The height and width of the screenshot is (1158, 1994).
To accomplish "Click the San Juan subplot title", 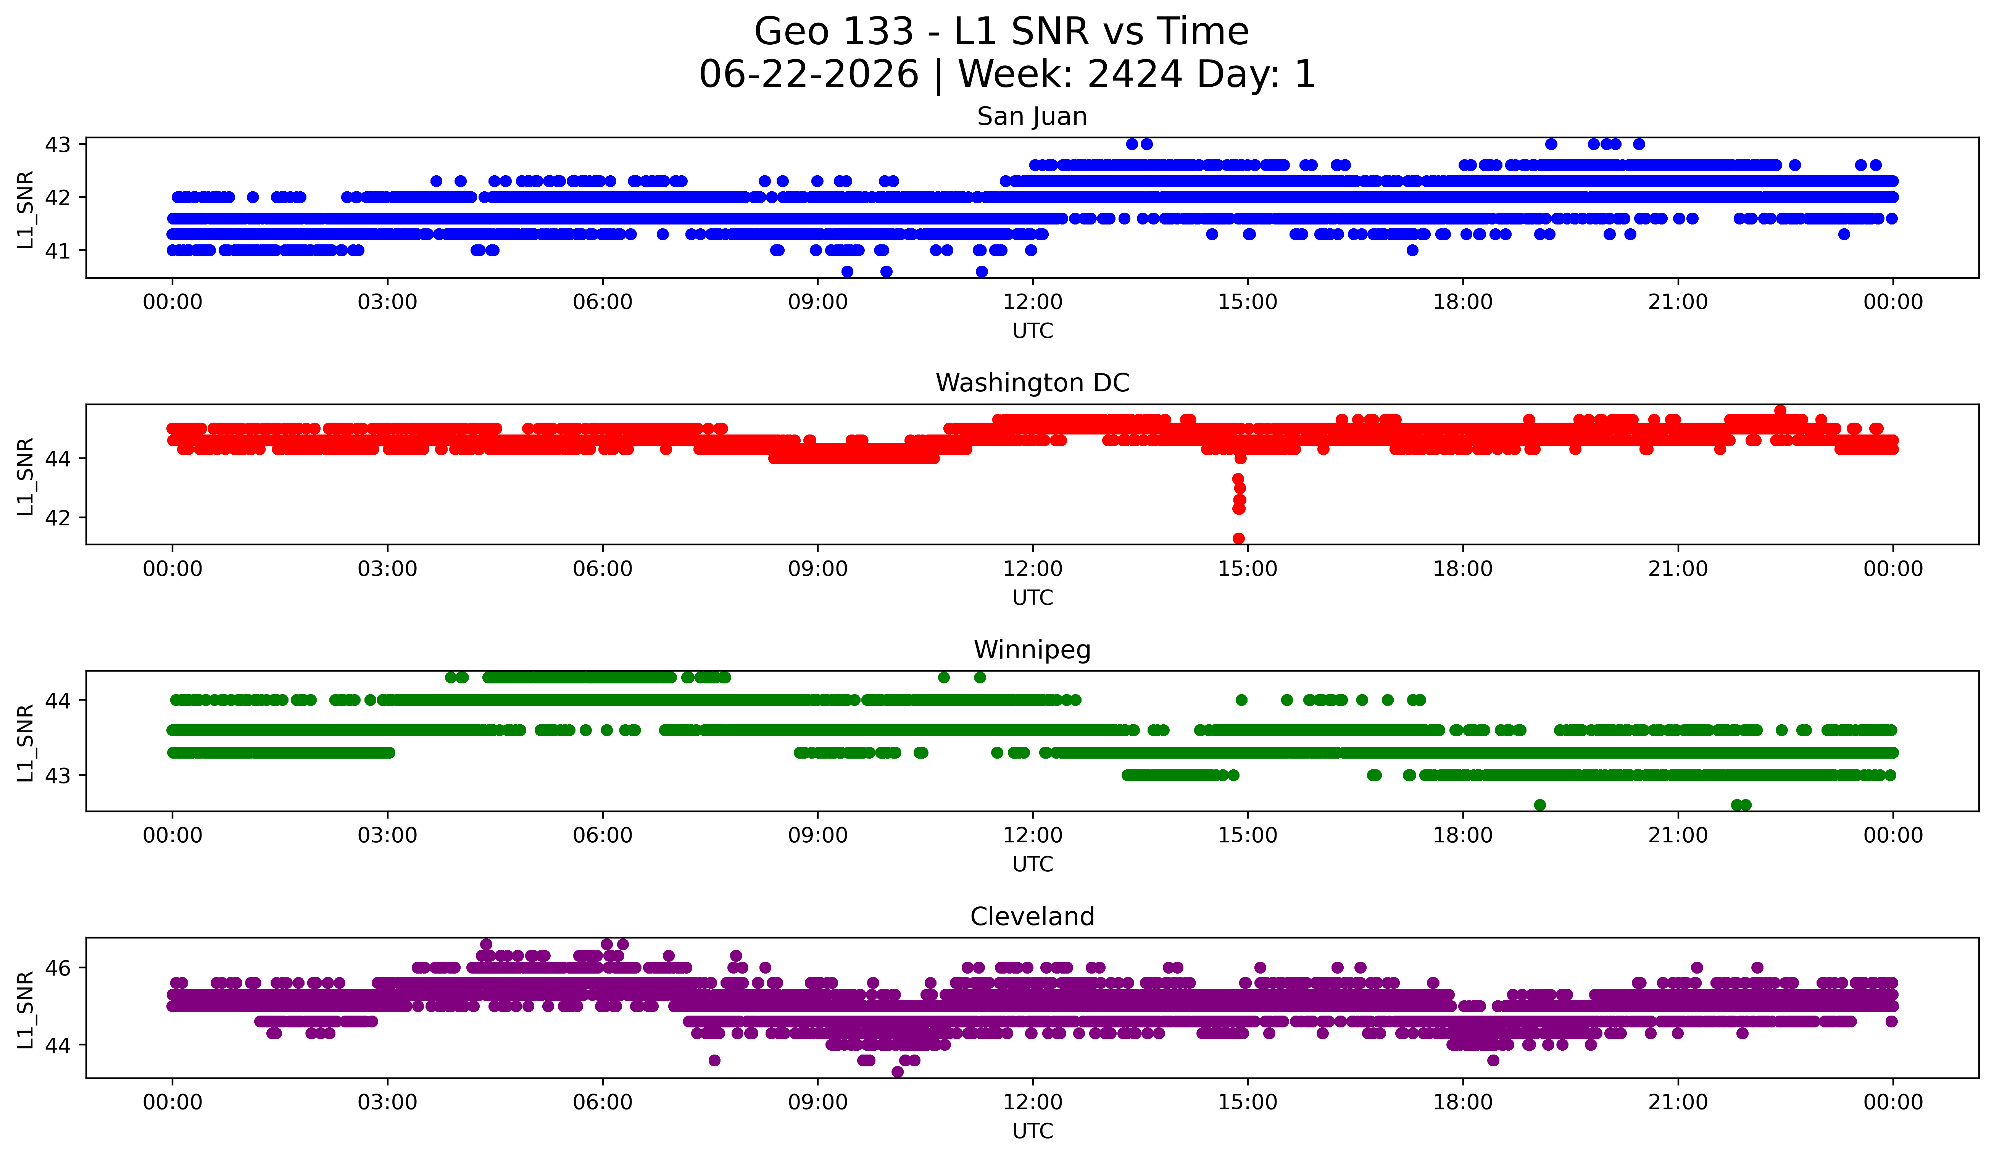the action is click(1032, 116).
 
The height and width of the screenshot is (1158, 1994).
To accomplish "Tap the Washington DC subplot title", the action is click(1032, 383).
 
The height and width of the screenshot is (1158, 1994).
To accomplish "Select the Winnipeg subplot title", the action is click(1032, 650).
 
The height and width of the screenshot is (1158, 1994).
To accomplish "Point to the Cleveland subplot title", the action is click(1032, 917).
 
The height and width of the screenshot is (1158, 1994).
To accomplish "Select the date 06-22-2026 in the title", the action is click(809, 74).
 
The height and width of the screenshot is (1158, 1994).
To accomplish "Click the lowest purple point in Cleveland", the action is click(897, 1072).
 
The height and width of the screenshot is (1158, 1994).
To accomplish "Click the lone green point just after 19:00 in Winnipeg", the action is click(1540, 805).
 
